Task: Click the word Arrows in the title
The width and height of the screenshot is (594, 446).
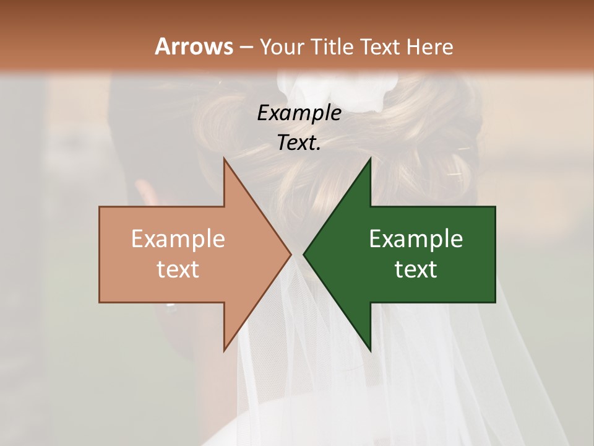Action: pos(194,46)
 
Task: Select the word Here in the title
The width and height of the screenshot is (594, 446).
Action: pos(431,46)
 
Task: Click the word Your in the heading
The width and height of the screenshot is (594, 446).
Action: pos(282,46)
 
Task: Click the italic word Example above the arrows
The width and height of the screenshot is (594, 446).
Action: pos(299,113)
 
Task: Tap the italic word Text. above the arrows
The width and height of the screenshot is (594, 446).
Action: pos(299,143)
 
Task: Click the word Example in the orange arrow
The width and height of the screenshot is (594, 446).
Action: pos(178,238)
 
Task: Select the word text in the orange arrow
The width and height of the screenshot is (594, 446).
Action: pos(178,269)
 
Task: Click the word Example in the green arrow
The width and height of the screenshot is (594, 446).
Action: pos(416,238)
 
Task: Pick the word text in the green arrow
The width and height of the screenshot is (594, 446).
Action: pos(416,269)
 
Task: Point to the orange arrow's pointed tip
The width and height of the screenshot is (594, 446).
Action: pos(291,254)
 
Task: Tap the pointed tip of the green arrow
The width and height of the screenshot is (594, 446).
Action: pos(304,254)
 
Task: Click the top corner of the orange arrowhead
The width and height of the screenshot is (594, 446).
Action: pos(225,159)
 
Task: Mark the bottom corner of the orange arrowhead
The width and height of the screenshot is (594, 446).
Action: pos(225,350)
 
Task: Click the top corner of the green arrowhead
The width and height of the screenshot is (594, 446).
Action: pos(370,159)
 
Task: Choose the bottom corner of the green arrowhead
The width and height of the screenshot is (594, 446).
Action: pos(370,350)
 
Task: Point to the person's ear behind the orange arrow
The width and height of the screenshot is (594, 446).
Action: pos(147,192)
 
